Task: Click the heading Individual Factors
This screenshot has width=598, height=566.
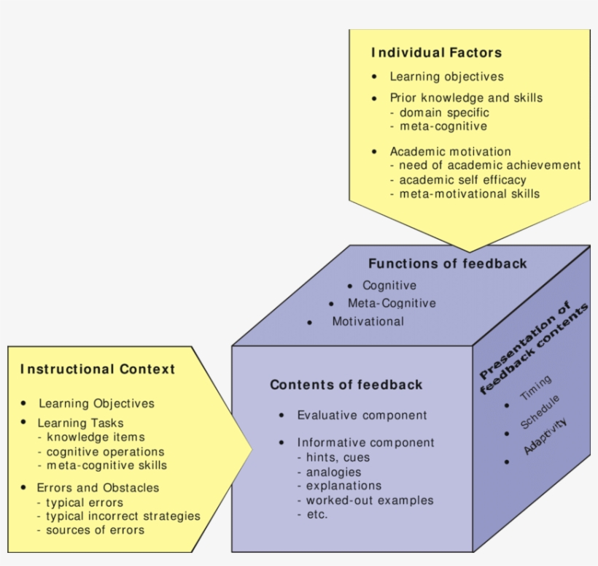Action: pos(436,53)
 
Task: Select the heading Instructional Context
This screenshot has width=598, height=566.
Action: pos(98,370)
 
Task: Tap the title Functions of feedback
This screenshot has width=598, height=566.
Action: pos(447,264)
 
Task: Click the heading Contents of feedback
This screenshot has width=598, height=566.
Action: pos(346,385)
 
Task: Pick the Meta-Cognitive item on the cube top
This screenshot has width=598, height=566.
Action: pos(392,303)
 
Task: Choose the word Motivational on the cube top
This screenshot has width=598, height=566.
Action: pos(368,321)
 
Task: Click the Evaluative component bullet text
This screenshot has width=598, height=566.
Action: pos(362,416)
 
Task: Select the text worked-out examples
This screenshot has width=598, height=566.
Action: pos(370,500)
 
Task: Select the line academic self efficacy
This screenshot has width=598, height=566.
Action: pos(462,180)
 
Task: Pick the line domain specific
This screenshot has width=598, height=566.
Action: pos(444,112)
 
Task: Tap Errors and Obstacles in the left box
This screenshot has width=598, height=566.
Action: pos(98,487)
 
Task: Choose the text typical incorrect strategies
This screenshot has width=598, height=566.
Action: pos(123,516)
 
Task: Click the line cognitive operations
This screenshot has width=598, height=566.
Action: pos(105,451)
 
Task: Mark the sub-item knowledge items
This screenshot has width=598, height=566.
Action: pos(96,437)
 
